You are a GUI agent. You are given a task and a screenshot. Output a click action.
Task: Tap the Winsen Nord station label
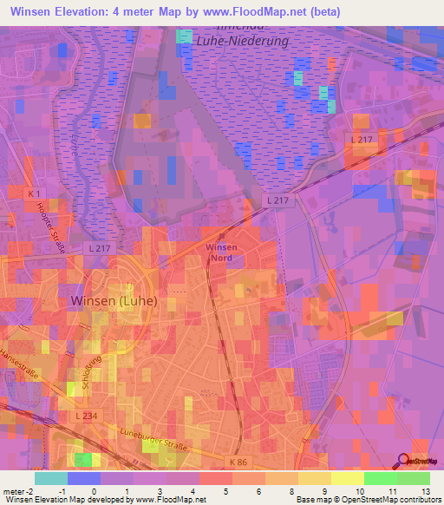221,252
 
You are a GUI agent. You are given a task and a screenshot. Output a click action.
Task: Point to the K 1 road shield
34,193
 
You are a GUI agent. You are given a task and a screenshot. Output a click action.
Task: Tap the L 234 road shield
85,416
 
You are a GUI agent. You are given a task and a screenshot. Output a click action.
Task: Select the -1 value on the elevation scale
60,491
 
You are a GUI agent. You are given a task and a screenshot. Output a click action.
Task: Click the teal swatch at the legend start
51,478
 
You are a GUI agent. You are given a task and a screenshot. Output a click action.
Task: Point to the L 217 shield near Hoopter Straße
100,247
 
